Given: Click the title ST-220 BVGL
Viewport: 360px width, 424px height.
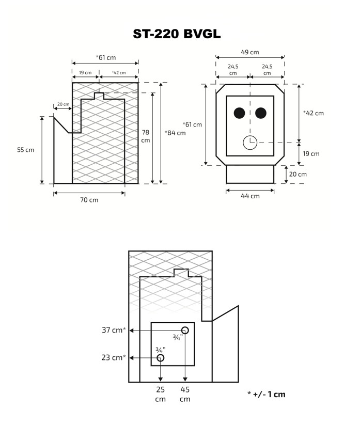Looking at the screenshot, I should point(177,34).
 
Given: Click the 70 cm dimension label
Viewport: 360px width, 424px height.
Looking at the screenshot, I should point(89,200).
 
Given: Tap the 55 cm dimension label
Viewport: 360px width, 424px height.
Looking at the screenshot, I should point(25,150).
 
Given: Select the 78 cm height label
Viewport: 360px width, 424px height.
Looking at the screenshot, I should point(146,136).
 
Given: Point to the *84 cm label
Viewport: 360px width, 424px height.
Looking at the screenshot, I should point(175,133).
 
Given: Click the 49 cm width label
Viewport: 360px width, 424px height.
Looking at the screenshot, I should point(250,52).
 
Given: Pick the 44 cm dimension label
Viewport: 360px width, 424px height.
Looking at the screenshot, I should point(251,196).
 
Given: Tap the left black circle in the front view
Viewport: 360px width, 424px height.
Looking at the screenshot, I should point(239,113).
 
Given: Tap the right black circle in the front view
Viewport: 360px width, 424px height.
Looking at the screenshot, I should point(261,113).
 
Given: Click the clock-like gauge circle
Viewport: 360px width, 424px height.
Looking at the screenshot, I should point(250,142).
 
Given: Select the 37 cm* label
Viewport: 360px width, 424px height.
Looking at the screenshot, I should point(114,330).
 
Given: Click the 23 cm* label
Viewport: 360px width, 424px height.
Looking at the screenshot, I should point(114,357).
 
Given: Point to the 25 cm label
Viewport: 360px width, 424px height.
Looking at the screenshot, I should point(160,394).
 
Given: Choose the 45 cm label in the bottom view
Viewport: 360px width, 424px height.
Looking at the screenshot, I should point(185,394).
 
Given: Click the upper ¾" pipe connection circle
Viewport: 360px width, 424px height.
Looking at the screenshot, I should point(185,330).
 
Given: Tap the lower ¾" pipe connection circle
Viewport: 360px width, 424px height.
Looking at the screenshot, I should point(161,357).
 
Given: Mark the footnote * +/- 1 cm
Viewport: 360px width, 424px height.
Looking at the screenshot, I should point(266,394).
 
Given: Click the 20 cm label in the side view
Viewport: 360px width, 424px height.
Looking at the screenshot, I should point(63,104).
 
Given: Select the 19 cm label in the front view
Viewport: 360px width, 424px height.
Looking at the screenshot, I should point(311,153).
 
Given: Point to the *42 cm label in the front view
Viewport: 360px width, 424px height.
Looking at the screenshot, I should point(314,113).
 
